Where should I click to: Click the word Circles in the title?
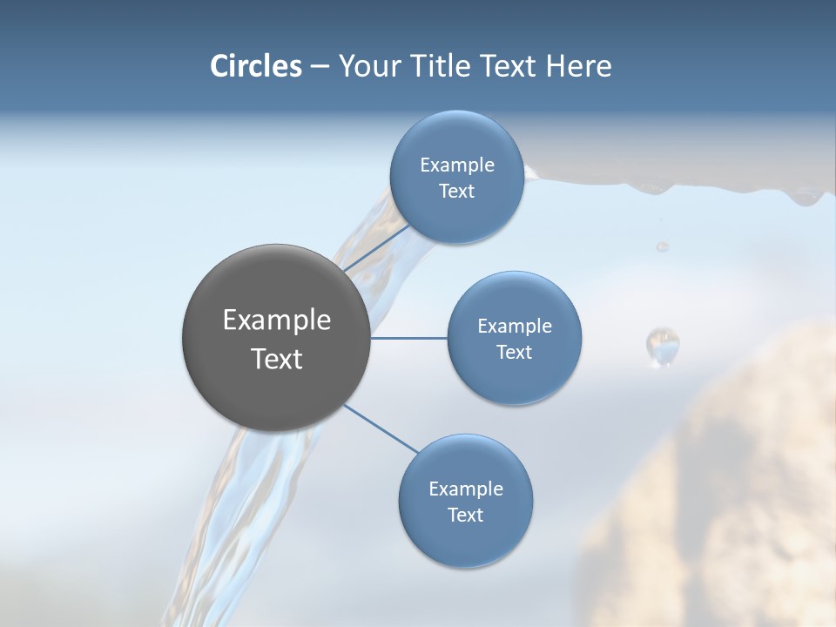(256, 66)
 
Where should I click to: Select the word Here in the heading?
(578, 66)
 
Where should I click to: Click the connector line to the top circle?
(374, 247)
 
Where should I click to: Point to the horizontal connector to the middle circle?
(409, 338)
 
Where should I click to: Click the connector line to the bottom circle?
(381, 428)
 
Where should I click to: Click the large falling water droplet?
(663, 346)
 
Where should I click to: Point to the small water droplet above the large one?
(663, 246)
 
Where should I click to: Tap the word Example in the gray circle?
(276, 320)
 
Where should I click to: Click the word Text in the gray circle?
(276, 359)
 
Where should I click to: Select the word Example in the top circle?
(456, 165)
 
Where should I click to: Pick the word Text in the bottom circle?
(465, 515)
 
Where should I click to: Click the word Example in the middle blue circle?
(514, 327)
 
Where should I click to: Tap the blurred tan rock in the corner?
(740, 488)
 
